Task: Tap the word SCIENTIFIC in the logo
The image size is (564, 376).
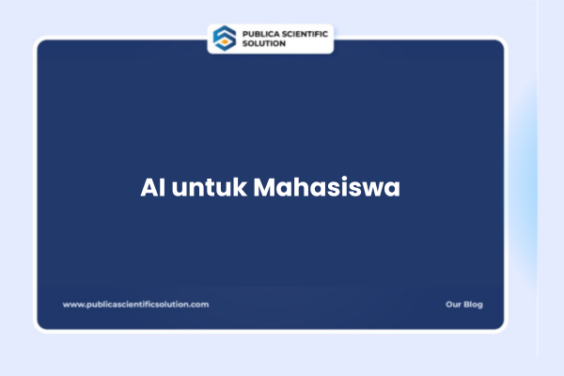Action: pos(302,33)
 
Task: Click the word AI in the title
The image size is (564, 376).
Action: pos(151,187)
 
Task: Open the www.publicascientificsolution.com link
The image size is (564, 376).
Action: pos(135,304)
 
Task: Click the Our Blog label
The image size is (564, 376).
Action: pos(464,304)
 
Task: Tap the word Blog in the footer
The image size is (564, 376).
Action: pos(473,304)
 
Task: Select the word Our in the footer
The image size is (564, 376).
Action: pos(453,304)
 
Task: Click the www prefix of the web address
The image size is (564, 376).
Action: pos(70,304)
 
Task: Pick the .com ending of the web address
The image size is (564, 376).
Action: pos(200,304)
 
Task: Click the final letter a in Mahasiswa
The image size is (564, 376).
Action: pos(393,188)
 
